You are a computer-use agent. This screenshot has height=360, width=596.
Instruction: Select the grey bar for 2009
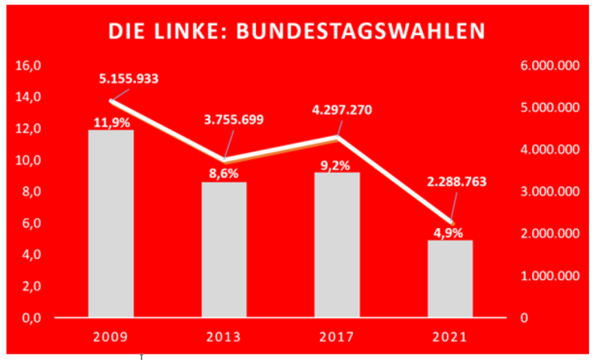tap(111, 225)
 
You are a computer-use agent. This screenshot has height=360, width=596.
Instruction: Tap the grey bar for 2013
tap(223, 250)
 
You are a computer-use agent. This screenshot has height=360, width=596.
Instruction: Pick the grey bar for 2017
tap(338, 245)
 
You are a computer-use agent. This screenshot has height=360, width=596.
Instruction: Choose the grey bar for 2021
tap(451, 279)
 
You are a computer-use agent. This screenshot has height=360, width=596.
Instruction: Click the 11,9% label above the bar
tap(112, 122)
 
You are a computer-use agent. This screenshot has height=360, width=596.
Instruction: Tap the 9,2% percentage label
tap(338, 165)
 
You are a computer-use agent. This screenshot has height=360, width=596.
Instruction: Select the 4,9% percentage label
tap(451, 232)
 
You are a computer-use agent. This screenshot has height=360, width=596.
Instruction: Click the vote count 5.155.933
tap(131, 78)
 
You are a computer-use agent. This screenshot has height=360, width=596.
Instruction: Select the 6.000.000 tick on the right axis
tap(549, 66)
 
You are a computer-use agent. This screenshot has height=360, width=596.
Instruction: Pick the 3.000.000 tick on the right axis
tap(549, 192)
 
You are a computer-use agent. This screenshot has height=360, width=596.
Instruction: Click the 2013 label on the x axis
tap(224, 338)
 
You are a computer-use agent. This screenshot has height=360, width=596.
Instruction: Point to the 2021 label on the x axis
tap(451, 338)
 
